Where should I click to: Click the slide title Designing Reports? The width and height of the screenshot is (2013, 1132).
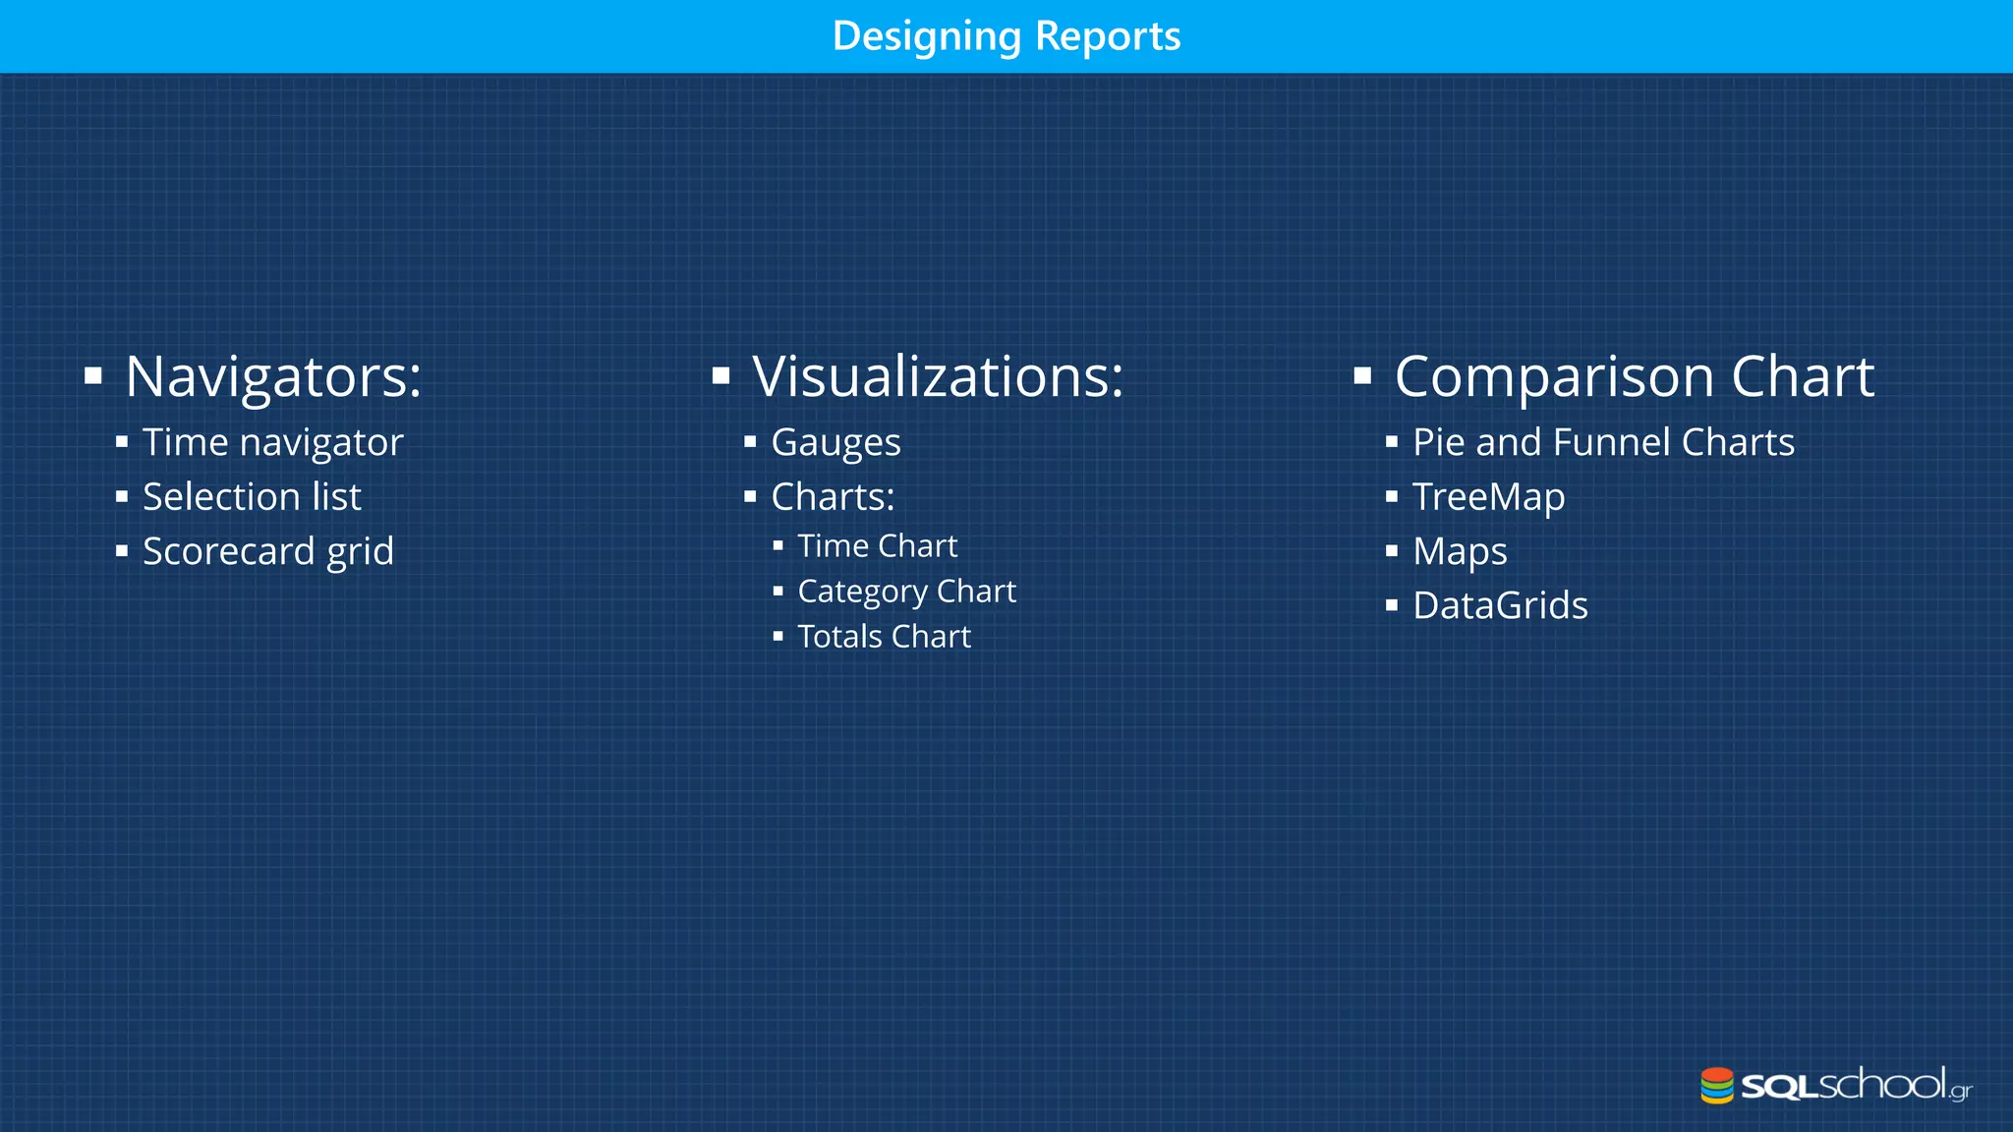(x=1006, y=36)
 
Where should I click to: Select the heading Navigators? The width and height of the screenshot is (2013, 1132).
(x=273, y=376)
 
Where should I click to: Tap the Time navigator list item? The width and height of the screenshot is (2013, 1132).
(x=272, y=443)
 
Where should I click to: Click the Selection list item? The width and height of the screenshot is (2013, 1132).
(x=252, y=497)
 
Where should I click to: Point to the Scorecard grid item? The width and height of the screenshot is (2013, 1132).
(x=267, y=551)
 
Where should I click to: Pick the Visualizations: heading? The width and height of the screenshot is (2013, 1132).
(x=938, y=376)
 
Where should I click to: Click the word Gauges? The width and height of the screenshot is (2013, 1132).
(x=835, y=443)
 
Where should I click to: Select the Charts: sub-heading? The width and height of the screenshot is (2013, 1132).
(x=833, y=497)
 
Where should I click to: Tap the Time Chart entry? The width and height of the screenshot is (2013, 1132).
(x=877, y=546)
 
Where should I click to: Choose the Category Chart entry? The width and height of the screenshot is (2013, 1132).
(x=906, y=592)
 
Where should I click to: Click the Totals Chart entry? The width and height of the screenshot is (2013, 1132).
(x=884, y=637)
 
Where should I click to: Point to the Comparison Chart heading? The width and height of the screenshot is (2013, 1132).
(x=1634, y=376)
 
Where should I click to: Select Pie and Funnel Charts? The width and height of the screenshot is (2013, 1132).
(x=1603, y=443)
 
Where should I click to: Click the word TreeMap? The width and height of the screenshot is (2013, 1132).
(x=1488, y=497)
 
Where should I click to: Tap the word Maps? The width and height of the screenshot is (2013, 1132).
(x=1460, y=551)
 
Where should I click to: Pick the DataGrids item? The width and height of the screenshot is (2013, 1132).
(x=1500, y=606)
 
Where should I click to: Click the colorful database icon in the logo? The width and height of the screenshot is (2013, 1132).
(x=1716, y=1086)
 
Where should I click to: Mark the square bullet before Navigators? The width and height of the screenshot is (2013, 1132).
(x=93, y=375)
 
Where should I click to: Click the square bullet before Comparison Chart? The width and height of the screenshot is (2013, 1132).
(x=1362, y=375)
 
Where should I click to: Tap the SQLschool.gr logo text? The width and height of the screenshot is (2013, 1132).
(x=1856, y=1086)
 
